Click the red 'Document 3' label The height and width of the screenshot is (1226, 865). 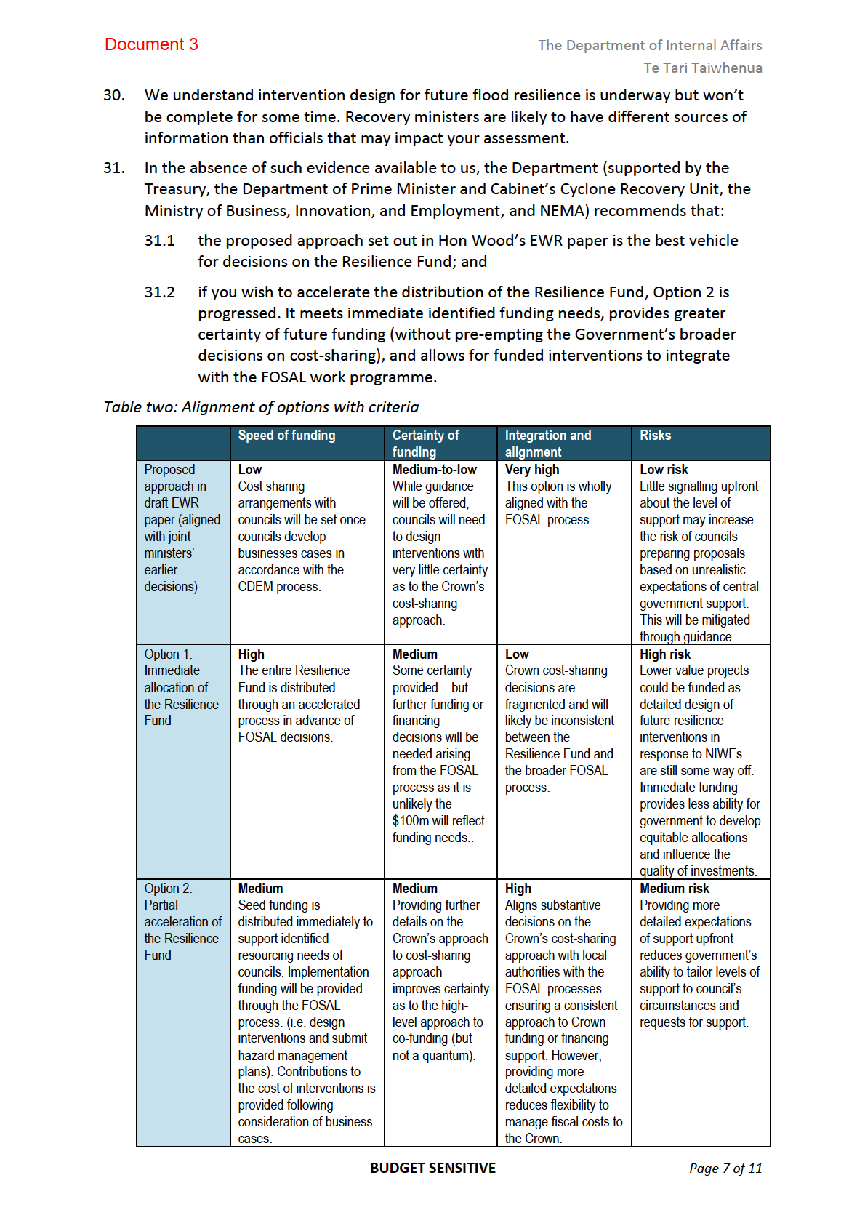151,44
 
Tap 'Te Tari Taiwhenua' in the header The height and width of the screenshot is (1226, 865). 702,68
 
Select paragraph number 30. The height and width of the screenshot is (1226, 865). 114,95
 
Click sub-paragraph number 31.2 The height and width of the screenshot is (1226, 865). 159,292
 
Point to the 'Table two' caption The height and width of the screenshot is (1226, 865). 261,407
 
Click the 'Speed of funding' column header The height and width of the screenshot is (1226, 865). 286,436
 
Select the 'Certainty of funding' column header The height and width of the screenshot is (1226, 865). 425,443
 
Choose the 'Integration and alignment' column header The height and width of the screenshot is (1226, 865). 547,443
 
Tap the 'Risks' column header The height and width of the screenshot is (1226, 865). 655,436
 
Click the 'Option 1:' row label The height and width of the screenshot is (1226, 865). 168,654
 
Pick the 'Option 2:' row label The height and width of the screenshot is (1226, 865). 168,888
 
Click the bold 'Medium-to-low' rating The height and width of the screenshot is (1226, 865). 434,470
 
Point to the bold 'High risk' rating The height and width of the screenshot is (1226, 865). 664,654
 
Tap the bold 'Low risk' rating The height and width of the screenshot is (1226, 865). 663,470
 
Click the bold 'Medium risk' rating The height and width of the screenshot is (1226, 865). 674,888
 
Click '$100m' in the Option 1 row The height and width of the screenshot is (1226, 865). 410,821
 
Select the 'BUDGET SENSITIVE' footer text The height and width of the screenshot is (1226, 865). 432,1168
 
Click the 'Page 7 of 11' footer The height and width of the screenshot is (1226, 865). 725,1169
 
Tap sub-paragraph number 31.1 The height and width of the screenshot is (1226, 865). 159,241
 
